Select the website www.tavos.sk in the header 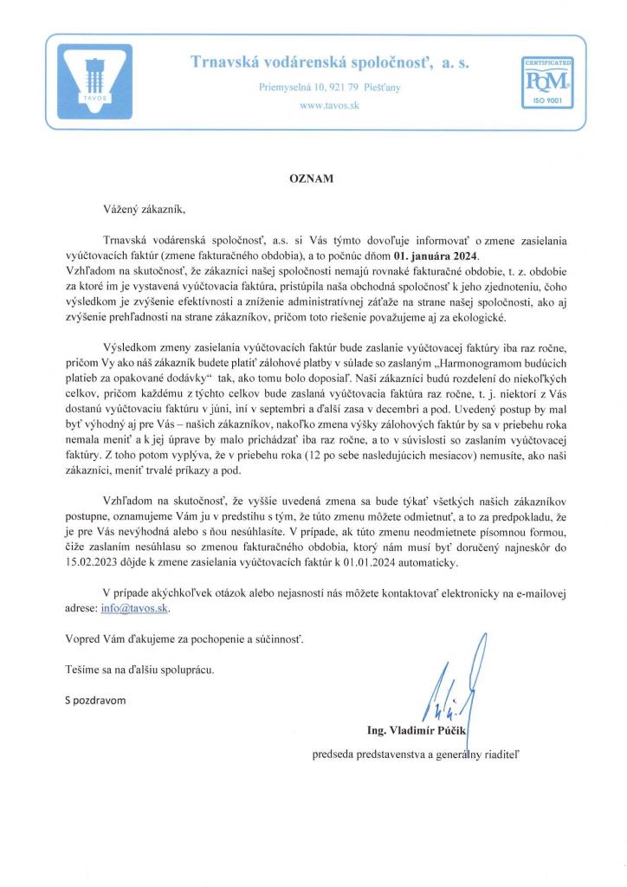(328, 105)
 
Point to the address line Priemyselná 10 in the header (329, 87)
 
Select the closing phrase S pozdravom (100, 699)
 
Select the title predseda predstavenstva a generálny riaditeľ (416, 754)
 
